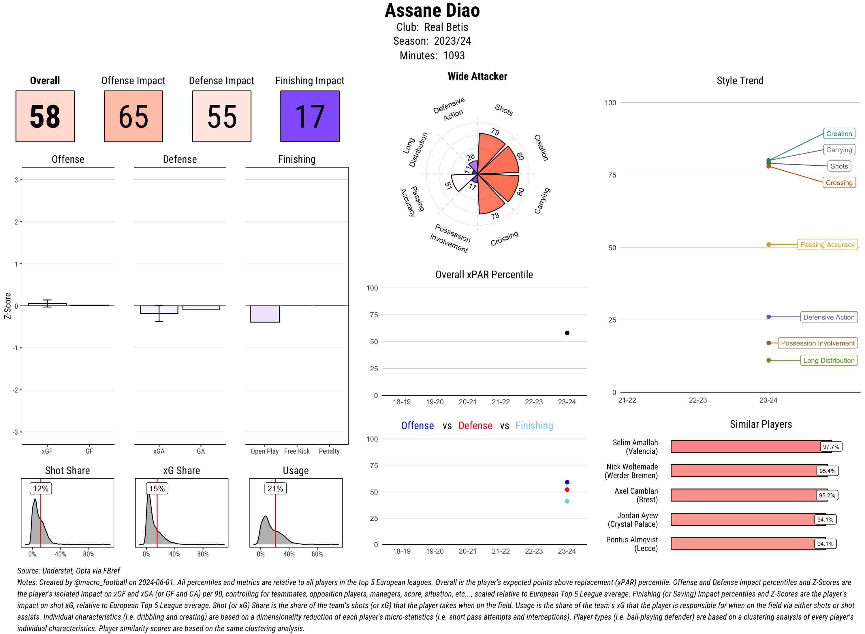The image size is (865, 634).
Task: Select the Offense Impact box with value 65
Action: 133,116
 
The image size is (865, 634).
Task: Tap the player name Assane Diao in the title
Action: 432,11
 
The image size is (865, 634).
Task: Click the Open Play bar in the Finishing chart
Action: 264,314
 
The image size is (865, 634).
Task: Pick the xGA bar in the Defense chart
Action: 159,310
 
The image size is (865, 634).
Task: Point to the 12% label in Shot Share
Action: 41,488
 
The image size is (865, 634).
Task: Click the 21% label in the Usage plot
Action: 275,488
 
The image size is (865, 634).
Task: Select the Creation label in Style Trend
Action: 838,133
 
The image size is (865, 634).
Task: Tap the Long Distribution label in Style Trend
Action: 829,360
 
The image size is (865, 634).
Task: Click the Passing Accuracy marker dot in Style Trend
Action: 769,244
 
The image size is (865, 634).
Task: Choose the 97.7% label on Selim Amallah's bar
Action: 831,447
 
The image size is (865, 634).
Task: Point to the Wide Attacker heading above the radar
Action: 477,76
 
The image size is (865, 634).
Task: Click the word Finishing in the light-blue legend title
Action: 534,426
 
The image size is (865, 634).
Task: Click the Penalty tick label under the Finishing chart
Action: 329,451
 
